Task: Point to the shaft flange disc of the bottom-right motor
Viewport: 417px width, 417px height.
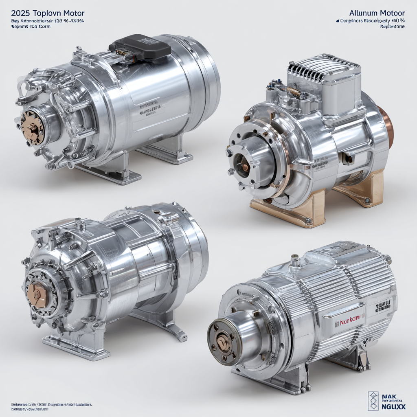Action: click(224, 341)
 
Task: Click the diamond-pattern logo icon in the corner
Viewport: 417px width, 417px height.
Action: click(373, 401)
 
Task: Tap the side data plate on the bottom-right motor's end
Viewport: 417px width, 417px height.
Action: click(383, 306)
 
